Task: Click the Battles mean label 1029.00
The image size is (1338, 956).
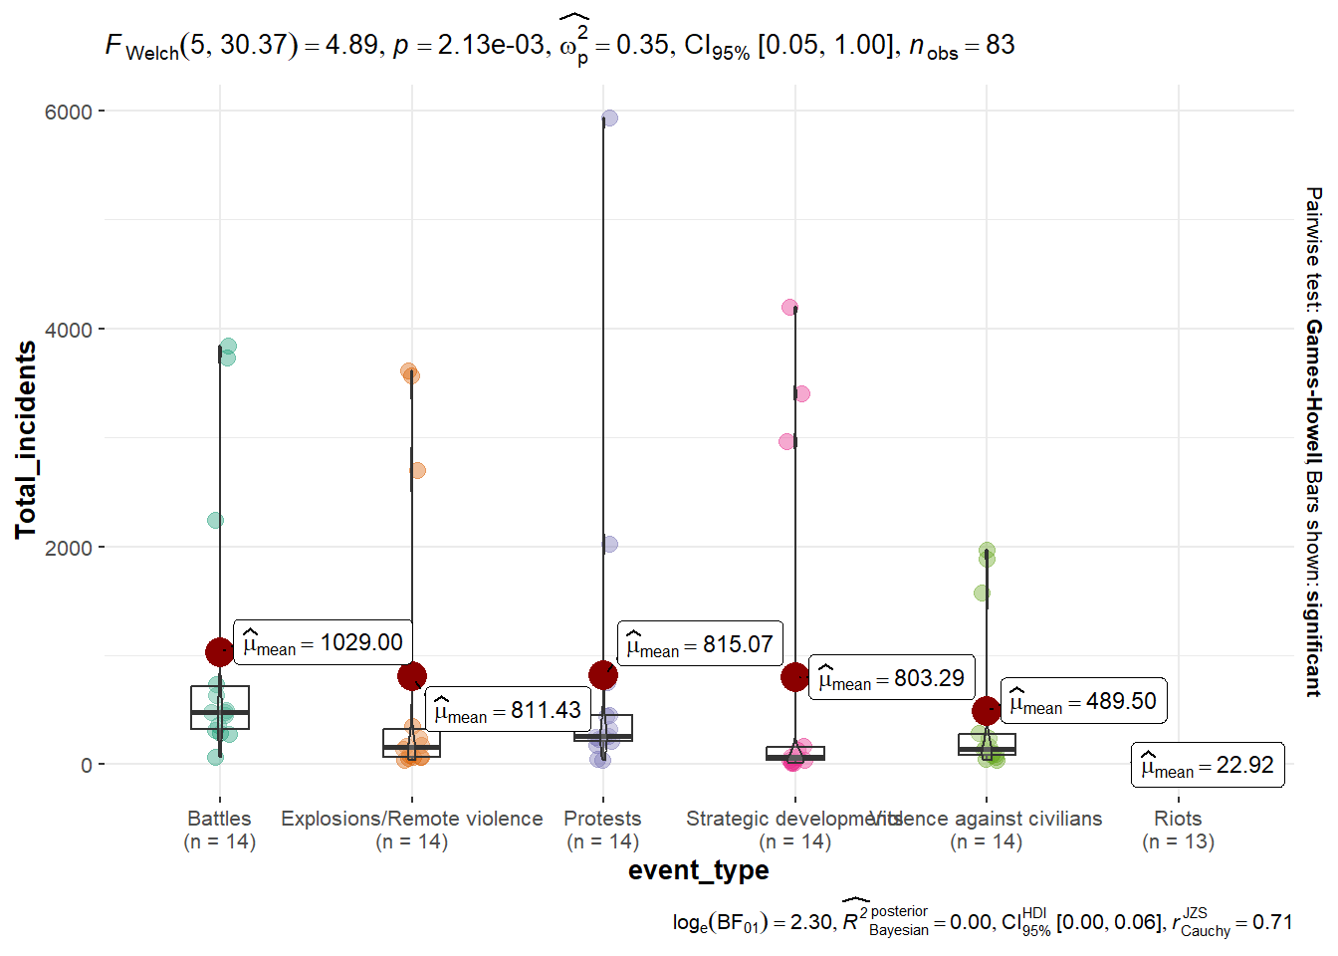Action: pos(323,643)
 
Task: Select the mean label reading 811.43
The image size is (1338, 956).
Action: pos(508,710)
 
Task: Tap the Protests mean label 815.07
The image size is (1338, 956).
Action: pos(700,644)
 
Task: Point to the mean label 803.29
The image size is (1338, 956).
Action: pos(891,678)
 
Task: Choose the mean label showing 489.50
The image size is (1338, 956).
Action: pos(1083,701)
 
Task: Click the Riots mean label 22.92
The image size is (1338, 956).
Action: pos(1208,765)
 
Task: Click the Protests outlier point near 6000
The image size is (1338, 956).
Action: pos(609,119)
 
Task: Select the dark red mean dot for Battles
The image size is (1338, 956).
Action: pos(220,652)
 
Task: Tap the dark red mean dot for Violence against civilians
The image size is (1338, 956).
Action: pos(987,710)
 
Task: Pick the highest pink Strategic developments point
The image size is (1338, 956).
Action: pos(789,308)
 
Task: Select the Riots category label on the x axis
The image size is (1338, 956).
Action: pos(1178,819)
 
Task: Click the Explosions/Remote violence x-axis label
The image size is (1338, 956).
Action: pos(411,819)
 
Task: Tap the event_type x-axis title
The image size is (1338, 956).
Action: pos(698,870)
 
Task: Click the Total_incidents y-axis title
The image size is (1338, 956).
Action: pos(26,439)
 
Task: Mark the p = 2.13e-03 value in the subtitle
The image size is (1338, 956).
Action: pos(469,45)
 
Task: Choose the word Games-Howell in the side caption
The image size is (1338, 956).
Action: pos(1314,387)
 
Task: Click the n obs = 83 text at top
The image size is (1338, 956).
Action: pos(962,45)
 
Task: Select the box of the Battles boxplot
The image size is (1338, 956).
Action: pos(220,707)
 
